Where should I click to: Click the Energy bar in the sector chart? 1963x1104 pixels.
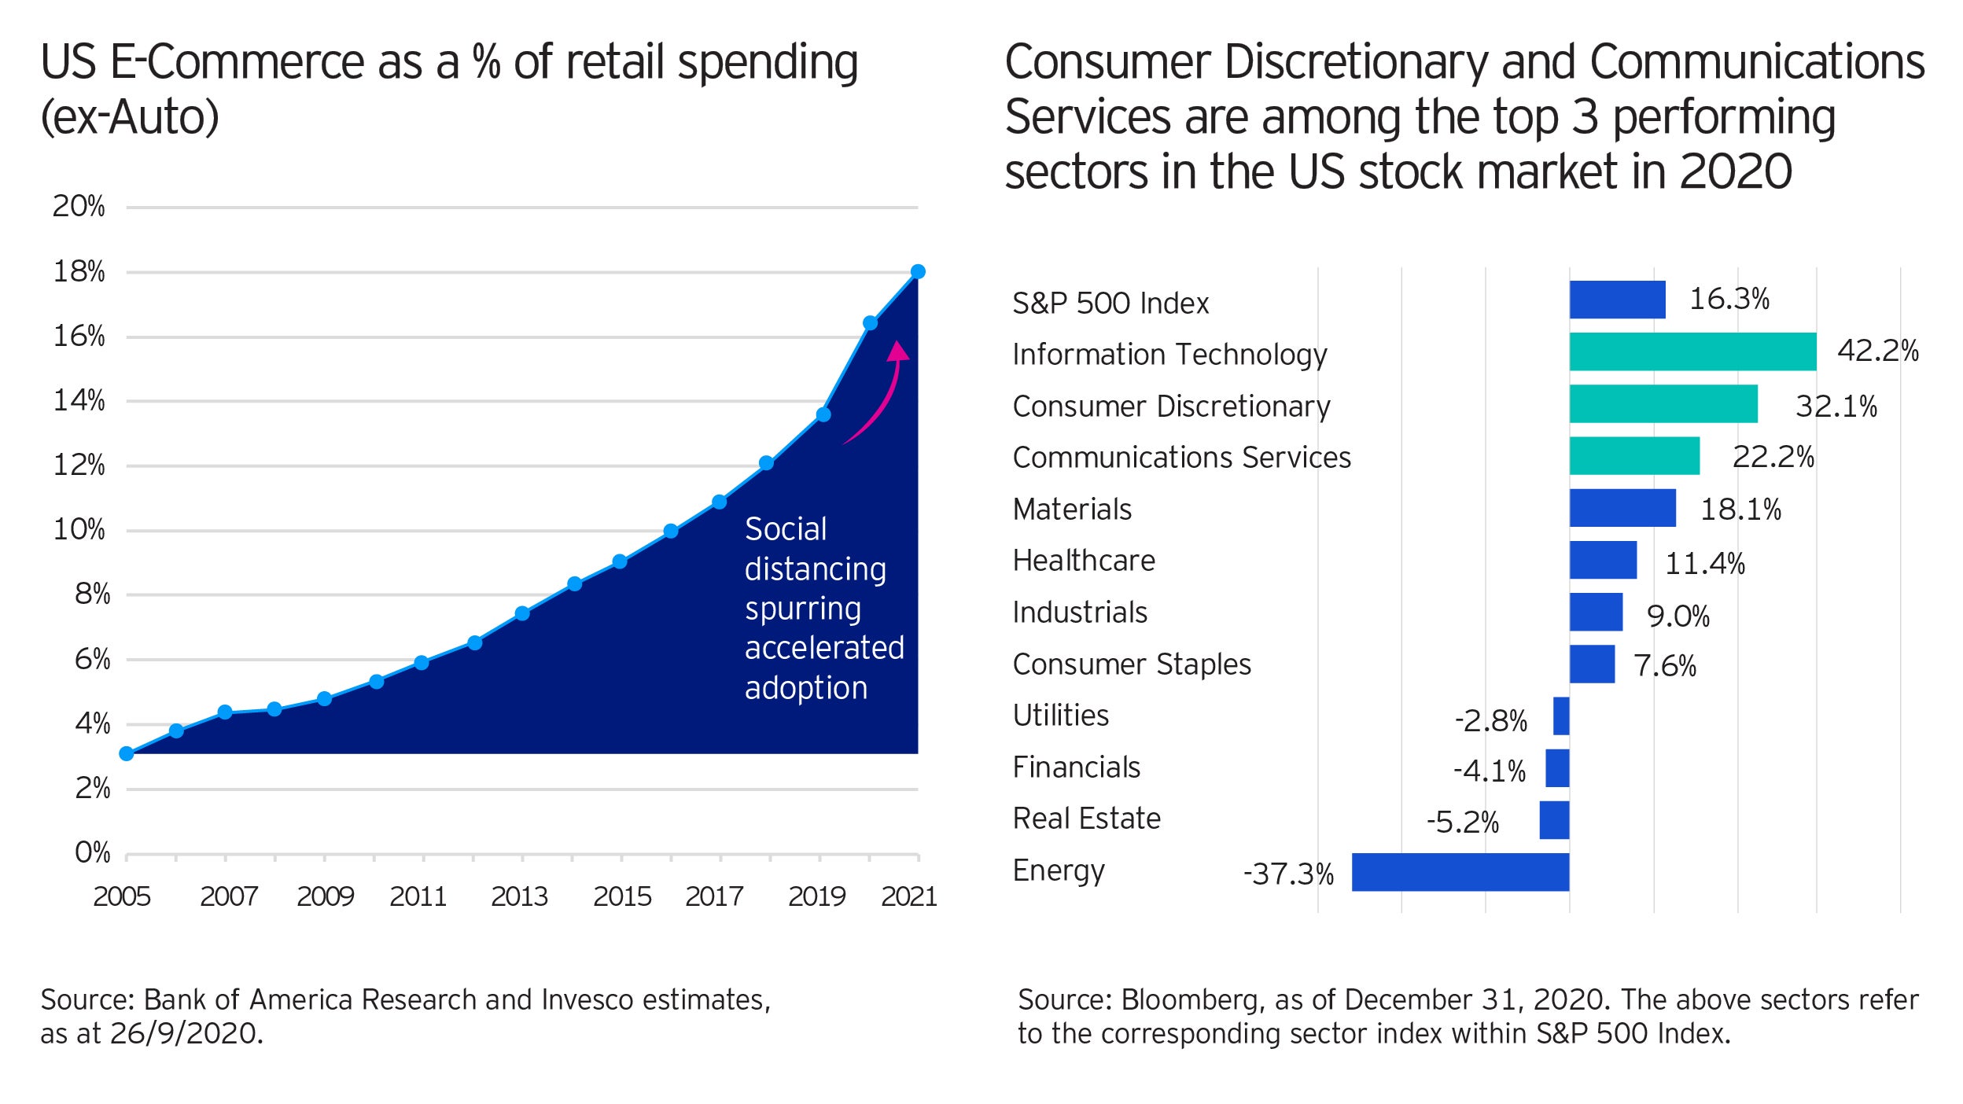coord(1460,872)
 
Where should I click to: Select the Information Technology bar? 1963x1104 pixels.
coord(1692,351)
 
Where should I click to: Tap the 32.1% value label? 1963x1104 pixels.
coord(1836,407)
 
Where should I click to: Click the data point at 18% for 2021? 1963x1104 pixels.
coord(918,272)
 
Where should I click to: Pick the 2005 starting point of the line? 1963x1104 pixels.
coord(127,753)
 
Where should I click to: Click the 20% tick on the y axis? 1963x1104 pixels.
coord(79,207)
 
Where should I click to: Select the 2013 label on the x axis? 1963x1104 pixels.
coord(519,896)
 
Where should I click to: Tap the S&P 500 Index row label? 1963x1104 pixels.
coord(1110,304)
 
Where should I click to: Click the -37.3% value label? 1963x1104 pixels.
coord(1288,874)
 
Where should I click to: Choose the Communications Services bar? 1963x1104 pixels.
coord(1634,456)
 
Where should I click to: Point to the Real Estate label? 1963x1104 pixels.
coord(1086,819)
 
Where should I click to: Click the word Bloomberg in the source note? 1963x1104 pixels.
coord(1188,999)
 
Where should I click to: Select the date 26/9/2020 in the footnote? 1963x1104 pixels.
coord(184,1033)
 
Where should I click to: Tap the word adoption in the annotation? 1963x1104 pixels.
coord(806,688)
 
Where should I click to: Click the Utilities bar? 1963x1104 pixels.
coord(1561,716)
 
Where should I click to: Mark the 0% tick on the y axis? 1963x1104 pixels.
coord(92,853)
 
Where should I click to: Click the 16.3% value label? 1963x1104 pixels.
coord(1729,300)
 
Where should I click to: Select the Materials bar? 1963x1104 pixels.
coord(1622,508)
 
